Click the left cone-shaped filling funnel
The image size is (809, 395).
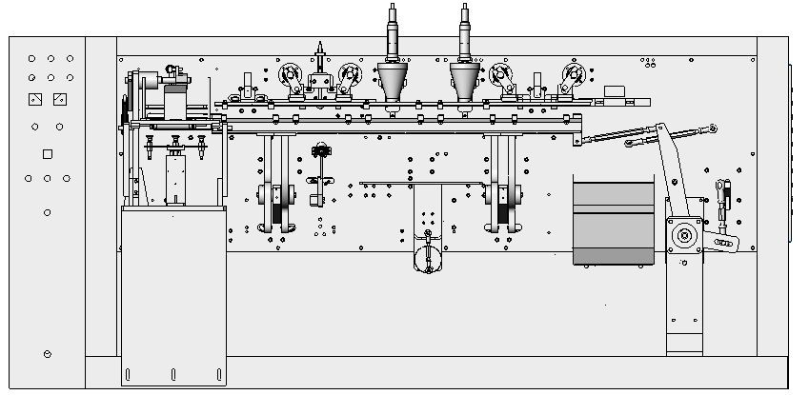coord(391,81)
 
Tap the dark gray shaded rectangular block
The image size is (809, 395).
coord(614,220)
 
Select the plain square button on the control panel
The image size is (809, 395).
coord(47,154)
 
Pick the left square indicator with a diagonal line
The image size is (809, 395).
coord(35,99)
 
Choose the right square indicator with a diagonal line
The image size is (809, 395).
coord(59,99)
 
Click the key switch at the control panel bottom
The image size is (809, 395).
coord(48,354)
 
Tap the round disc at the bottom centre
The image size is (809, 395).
coord(428,258)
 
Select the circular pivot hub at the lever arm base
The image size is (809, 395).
coord(683,235)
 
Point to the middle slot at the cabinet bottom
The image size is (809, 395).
coord(173,372)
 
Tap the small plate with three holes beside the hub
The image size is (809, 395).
coord(722,244)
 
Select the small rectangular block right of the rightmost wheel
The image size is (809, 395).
coord(615,89)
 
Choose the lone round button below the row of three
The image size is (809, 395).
coord(48,212)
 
